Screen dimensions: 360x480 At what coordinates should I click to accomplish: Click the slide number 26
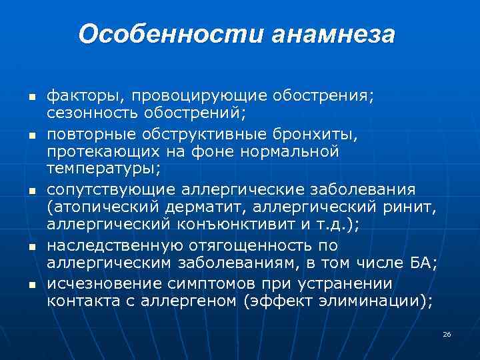tap(447, 333)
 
